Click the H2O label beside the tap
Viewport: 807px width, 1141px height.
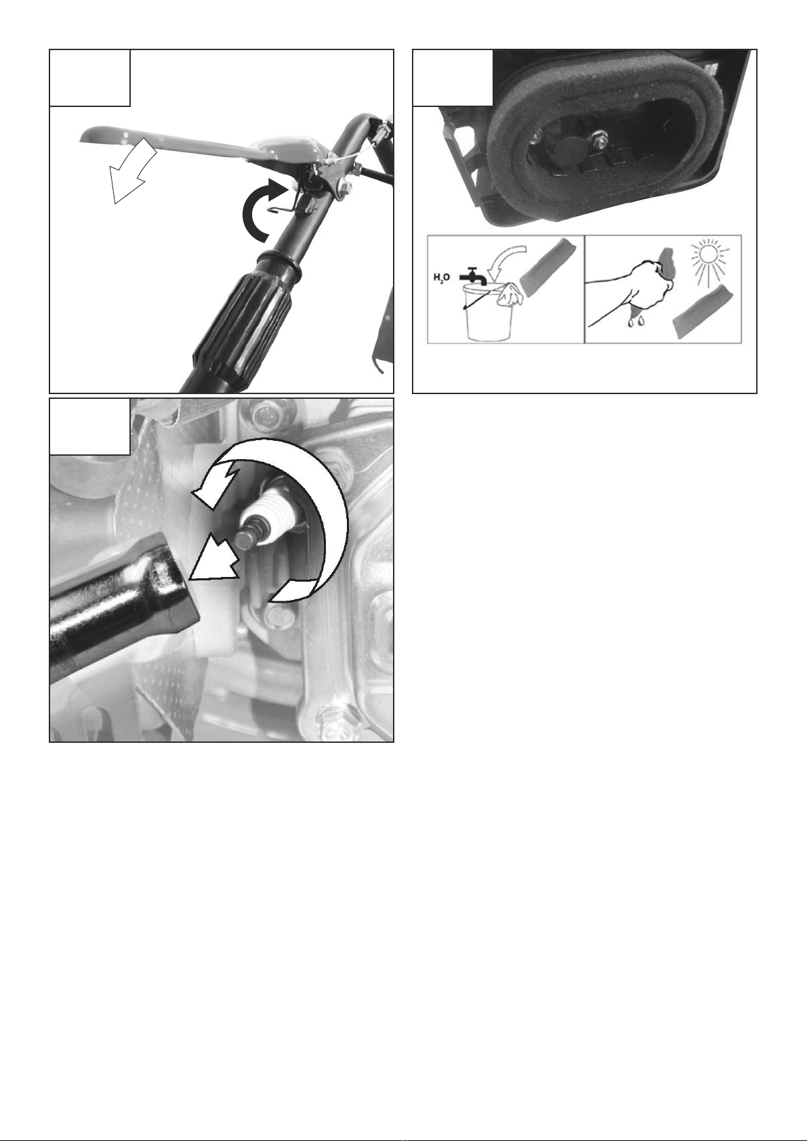(442, 278)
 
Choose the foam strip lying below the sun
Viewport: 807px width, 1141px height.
(703, 311)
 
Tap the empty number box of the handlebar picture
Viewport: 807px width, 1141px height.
(89, 78)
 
